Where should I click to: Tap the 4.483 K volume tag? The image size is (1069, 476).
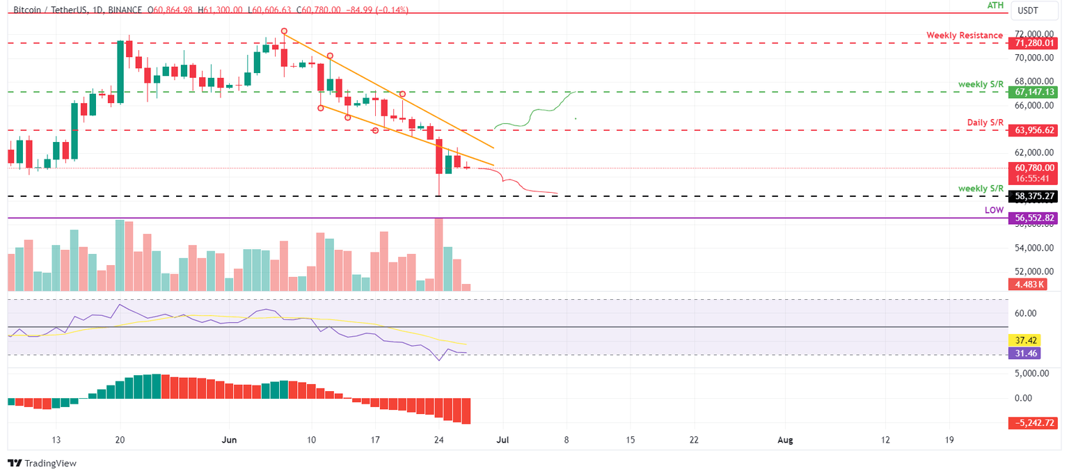pyautogui.click(x=1024, y=284)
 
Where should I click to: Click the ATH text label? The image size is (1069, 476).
pyautogui.click(x=995, y=6)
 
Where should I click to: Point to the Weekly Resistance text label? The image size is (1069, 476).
pyautogui.click(x=964, y=35)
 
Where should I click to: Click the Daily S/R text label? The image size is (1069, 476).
pyautogui.click(x=985, y=122)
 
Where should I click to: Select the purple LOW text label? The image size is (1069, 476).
pyautogui.click(x=994, y=209)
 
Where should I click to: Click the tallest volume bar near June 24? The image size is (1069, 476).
pyautogui.click(x=438, y=254)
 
